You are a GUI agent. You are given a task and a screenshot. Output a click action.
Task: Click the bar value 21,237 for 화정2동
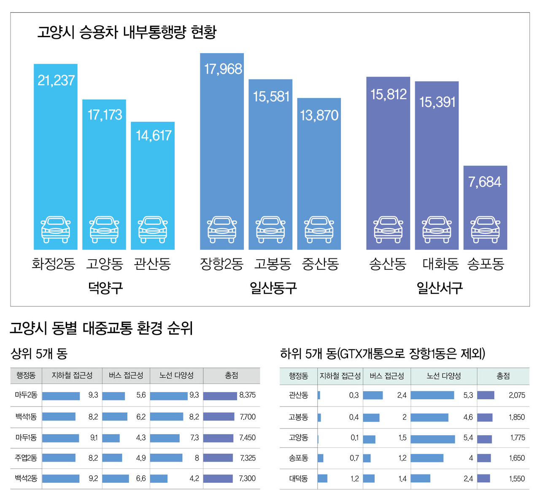(x=56, y=80)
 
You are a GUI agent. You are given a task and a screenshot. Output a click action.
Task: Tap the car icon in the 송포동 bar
(x=485, y=230)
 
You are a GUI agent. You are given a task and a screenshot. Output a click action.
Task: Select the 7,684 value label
(x=485, y=182)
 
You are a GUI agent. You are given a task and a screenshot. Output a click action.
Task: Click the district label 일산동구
(x=273, y=288)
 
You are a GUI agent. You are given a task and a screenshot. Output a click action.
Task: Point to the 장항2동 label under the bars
(x=221, y=264)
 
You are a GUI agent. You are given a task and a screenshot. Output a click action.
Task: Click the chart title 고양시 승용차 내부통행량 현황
(x=127, y=32)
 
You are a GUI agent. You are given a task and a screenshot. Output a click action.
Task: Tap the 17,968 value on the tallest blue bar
(x=223, y=69)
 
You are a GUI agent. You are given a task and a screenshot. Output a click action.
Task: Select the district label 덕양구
(x=105, y=288)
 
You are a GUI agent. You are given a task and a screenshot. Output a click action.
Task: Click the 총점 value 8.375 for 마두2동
(x=247, y=395)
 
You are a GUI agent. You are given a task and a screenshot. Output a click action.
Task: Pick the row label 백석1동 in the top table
(x=26, y=417)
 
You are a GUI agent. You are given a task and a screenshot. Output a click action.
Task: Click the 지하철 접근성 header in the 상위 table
(x=72, y=375)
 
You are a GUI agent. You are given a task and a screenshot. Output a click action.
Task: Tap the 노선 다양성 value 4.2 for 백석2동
(x=194, y=479)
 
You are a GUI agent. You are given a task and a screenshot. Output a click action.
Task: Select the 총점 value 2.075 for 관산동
(x=517, y=395)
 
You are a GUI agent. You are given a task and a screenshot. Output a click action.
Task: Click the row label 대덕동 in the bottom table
(x=298, y=479)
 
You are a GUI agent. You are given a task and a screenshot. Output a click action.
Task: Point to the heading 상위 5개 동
(x=39, y=353)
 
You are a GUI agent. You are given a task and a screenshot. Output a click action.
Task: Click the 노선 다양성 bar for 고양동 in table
(x=432, y=439)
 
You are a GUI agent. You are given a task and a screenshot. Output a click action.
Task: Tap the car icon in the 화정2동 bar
(x=56, y=230)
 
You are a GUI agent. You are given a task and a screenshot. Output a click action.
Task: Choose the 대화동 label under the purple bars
(x=440, y=264)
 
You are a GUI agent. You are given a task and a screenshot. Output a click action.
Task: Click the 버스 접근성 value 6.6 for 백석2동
(x=141, y=479)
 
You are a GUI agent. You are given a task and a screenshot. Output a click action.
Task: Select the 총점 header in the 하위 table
(x=503, y=376)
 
